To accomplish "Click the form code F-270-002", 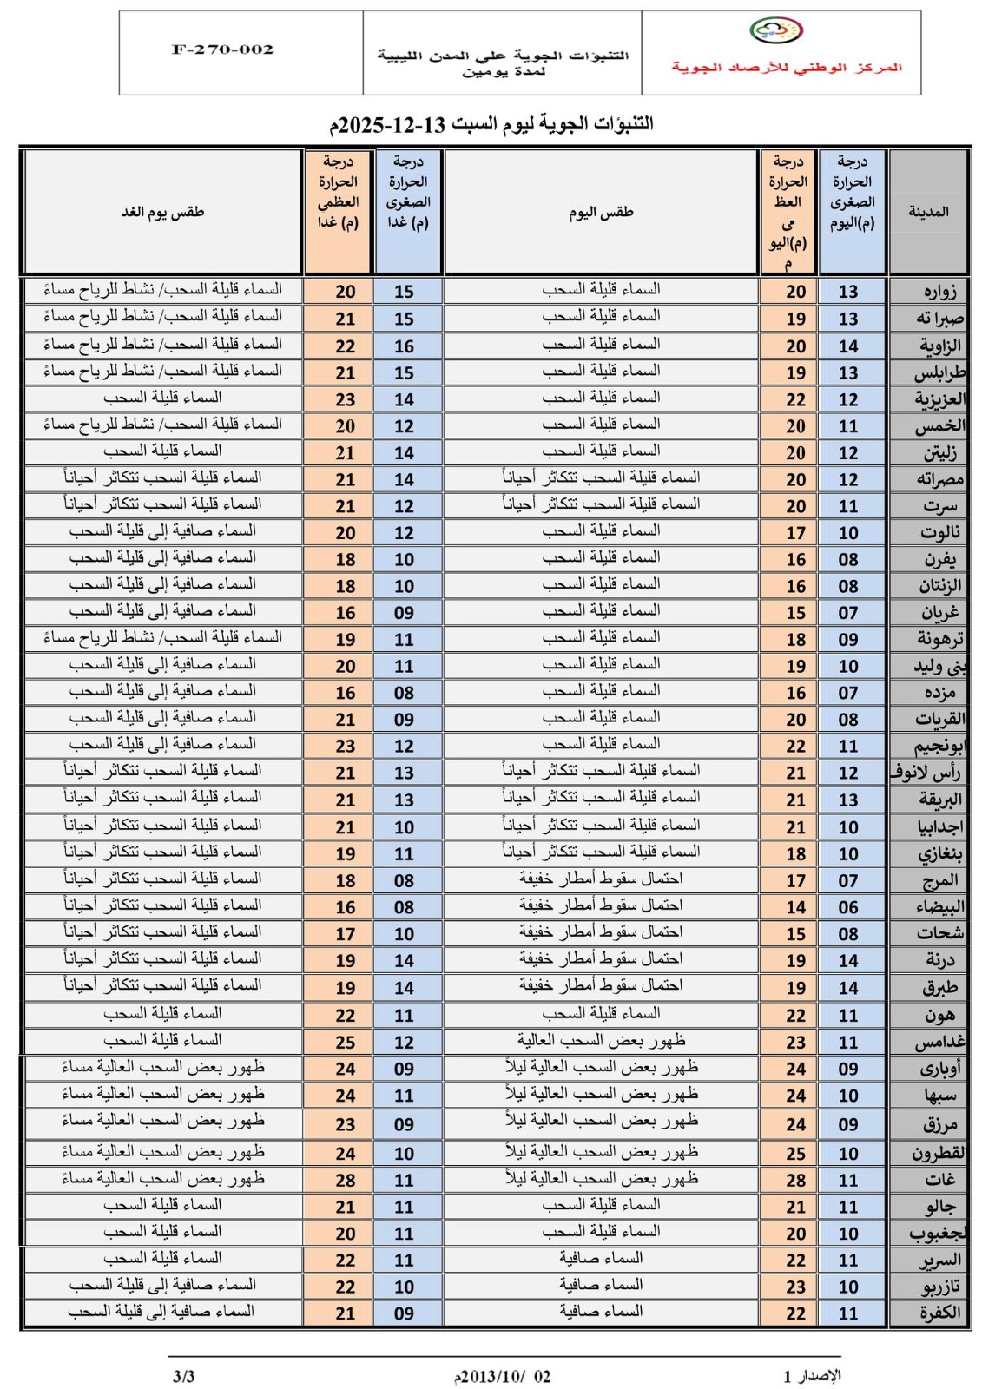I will click(222, 50).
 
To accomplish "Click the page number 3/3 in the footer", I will click(184, 1376).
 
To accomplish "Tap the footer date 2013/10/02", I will click(503, 1377).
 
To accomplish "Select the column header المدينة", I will click(928, 212).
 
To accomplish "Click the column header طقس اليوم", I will click(601, 212).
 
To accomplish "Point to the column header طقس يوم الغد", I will click(162, 212).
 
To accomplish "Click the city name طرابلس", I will click(939, 373).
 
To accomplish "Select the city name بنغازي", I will click(940, 854).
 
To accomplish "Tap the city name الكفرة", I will click(940, 1313).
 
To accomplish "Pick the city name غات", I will click(940, 1180).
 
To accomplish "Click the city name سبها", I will click(940, 1096).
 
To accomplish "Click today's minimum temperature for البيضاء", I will click(848, 907).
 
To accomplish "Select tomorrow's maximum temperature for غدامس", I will click(346, 1042).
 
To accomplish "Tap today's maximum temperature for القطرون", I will click(795, 1154).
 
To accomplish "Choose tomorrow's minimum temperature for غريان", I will click(404, 613).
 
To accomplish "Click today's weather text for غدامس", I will click(601, 1040).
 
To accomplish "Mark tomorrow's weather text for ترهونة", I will click(162, 637).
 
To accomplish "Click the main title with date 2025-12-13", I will click(491, 124).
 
